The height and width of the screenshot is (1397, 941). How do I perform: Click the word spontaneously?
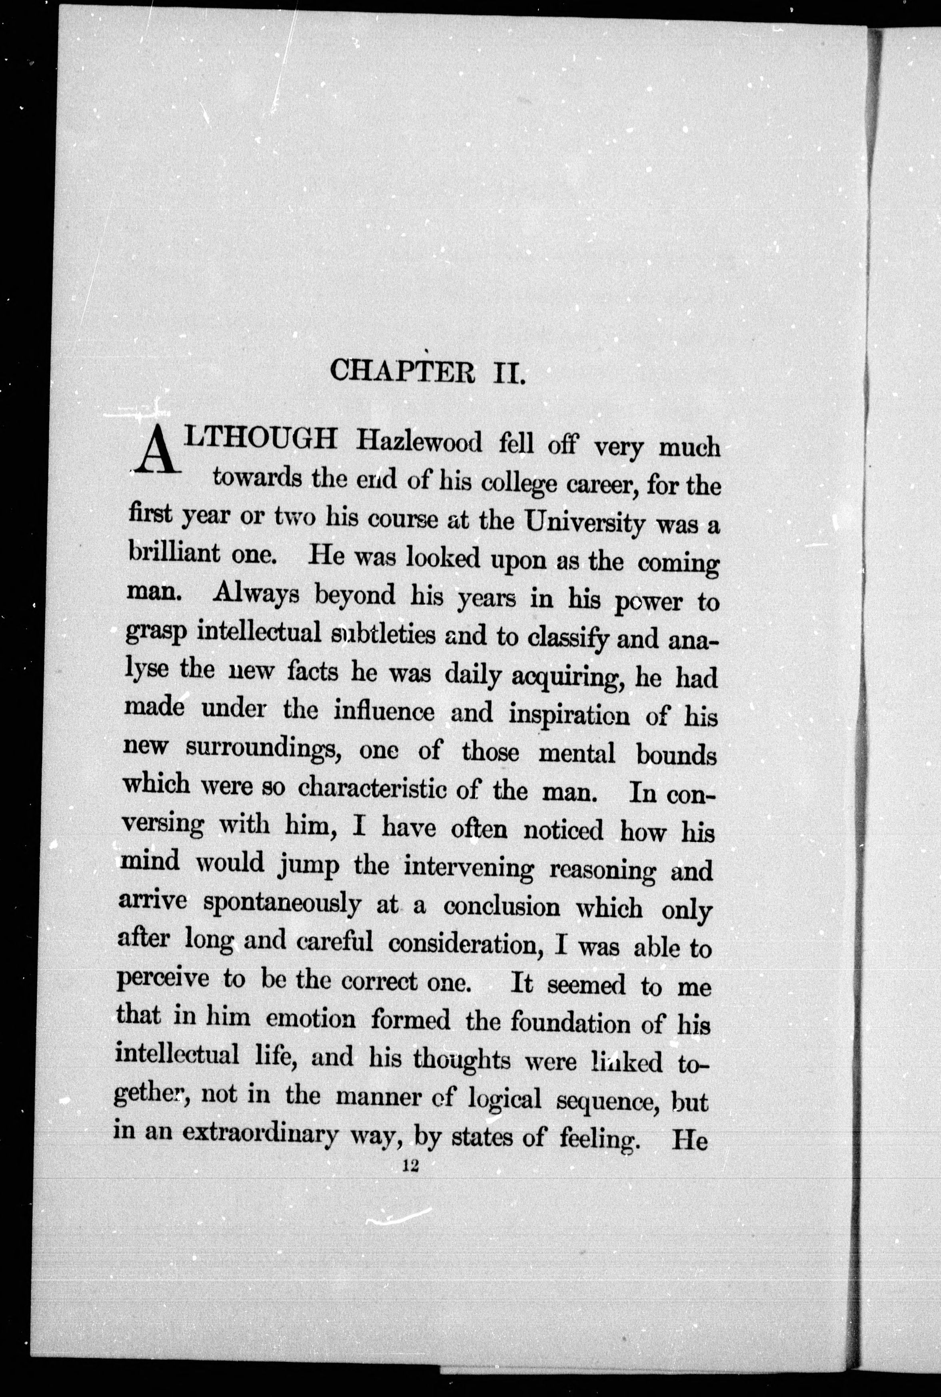point(282,905)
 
